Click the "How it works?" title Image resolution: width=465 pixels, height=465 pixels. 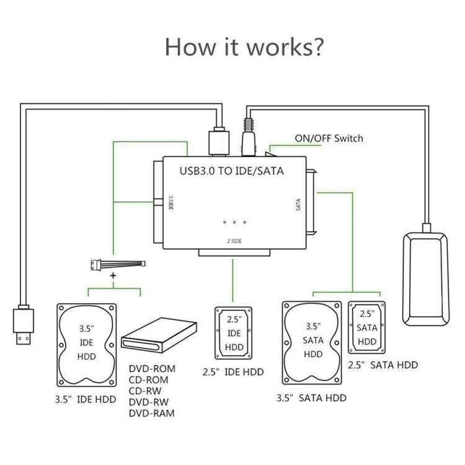[244, 47]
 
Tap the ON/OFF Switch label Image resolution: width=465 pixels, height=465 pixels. [329, 138]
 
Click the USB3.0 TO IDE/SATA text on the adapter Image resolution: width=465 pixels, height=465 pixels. [231, 170]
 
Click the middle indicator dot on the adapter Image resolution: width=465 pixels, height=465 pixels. [234, 222]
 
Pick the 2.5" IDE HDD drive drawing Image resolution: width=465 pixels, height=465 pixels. [233, 332]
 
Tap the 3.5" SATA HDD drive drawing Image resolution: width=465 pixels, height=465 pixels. [312, 345]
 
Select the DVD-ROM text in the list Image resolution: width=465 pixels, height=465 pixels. [152, 368]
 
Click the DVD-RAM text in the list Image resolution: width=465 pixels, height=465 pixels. [152, 413]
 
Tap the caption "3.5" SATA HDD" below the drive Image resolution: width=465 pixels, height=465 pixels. [311, 398]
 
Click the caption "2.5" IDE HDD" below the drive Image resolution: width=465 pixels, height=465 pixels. [233, 372]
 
